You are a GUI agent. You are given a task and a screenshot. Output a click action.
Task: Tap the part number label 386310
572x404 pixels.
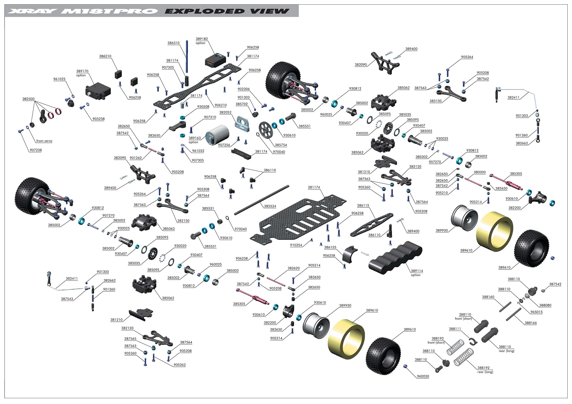click(173, 43)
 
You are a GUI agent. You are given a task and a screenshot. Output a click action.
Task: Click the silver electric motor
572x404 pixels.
click(217, 135)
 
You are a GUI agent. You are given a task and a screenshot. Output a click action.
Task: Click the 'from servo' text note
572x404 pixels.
click(44, 141)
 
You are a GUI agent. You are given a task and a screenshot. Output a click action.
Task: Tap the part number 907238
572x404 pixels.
click(36, 150)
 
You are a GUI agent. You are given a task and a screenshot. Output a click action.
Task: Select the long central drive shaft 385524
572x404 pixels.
click(261, 200)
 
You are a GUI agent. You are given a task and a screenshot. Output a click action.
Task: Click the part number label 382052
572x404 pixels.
click(225, 113)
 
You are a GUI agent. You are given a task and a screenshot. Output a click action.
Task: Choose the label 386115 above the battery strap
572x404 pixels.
click(363, 205)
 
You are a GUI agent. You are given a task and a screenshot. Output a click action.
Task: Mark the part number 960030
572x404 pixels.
click(423, 376)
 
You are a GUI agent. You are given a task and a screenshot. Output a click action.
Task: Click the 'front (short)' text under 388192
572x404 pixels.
click(436, 343)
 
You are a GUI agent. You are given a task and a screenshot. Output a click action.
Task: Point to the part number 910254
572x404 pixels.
click(296, 245)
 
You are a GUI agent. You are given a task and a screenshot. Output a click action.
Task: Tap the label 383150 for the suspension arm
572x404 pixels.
click(435, 101)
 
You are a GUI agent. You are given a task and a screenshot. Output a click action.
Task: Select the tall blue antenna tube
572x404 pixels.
click(187, 57)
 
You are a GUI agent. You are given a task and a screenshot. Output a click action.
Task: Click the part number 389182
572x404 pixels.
click(202, 39)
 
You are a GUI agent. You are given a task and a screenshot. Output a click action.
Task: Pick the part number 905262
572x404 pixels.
click(179, 365)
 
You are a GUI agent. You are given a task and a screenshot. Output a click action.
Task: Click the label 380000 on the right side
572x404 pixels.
click(480, 172)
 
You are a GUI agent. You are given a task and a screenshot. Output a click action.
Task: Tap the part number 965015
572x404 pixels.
click(536, 312)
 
